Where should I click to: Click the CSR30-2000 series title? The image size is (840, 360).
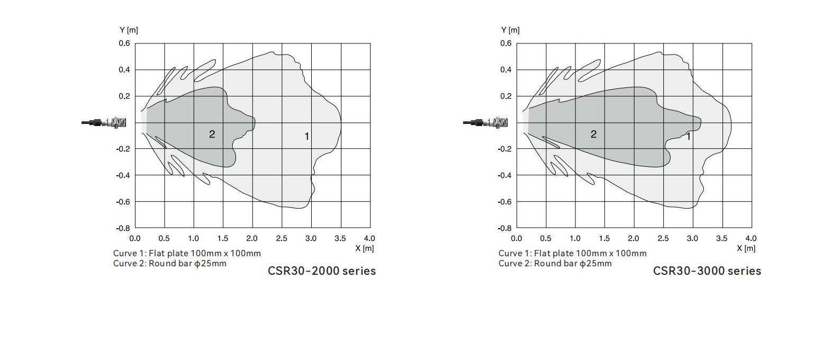[x=322, y=271]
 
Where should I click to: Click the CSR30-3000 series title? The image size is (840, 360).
[x=707, y=271]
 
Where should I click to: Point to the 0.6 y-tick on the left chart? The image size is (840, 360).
[x=124, y=43]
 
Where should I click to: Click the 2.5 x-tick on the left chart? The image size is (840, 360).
[x=282, y=239]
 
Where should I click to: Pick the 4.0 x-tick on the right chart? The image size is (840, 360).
[x=751, y=239]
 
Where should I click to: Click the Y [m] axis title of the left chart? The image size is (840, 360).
[x=129, y=30]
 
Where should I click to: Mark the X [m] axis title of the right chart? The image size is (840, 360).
[x=746, y=248]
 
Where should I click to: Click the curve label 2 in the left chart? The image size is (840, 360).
[x=212, y=134]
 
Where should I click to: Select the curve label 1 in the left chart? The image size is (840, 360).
[x=306, y=137]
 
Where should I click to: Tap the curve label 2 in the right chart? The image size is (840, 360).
[x=593, y=134]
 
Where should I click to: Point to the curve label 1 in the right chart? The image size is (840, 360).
[x=688, y=137]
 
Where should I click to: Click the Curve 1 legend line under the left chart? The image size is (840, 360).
[x=187, y=254]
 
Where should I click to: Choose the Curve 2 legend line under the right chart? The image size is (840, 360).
[x=555, y=264]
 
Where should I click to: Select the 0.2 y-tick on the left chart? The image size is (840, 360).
[x=124, y=96]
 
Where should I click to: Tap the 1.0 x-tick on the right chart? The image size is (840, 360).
[x=575, y=239]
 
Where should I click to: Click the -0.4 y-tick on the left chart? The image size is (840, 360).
[x=123, y=175]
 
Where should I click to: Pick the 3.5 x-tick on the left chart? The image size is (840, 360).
[x=340, y=239]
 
